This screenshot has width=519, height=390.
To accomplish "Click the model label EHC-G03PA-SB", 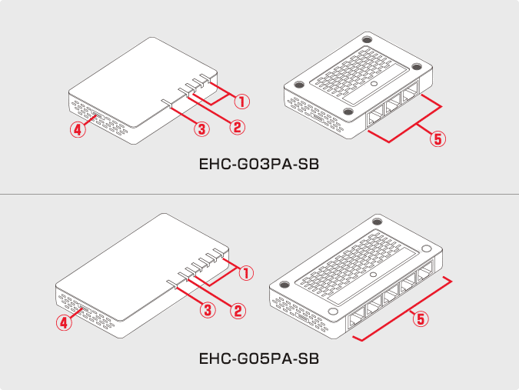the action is (x=259, y=164).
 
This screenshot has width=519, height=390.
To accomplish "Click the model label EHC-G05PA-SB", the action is (x=259, y=358).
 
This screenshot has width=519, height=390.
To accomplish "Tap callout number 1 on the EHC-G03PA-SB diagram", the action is (x=242, y=102).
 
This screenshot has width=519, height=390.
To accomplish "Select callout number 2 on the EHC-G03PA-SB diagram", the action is (x=238, y=127).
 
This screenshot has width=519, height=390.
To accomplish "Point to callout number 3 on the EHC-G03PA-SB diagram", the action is (x=201, y=128).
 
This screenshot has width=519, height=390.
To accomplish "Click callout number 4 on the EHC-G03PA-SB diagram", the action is (x=78, y=129).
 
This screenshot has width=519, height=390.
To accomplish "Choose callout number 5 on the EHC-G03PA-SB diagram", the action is (x=437, y=138).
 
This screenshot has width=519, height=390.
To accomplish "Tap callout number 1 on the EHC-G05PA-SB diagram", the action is (x=246, y=273).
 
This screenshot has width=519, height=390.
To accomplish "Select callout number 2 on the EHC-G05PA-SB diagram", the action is (x=238, y=312).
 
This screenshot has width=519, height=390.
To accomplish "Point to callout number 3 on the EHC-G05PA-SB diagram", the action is (x=208, y=310).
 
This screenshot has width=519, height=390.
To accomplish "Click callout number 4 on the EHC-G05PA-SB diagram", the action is (x=64, y=322).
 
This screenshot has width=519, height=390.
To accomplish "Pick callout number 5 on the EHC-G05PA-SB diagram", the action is (x=421, y=319).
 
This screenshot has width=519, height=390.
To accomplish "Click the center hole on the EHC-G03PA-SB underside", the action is (x=374, y=84).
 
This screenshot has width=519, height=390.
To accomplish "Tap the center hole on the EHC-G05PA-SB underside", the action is (x=373, y=275).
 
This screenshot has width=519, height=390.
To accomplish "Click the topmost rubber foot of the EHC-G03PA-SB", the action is (x=367, y=39).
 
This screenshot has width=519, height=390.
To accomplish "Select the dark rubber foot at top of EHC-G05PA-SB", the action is (x=378, y=222).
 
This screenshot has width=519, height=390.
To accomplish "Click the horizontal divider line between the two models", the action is (x=260, y=194).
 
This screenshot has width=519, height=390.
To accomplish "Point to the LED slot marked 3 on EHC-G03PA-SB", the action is (x=166, y=103).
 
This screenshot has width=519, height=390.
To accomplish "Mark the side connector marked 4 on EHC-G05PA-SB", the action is (x=84, y=308).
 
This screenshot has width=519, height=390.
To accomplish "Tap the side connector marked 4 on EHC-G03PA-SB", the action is (x=98, y=116).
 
